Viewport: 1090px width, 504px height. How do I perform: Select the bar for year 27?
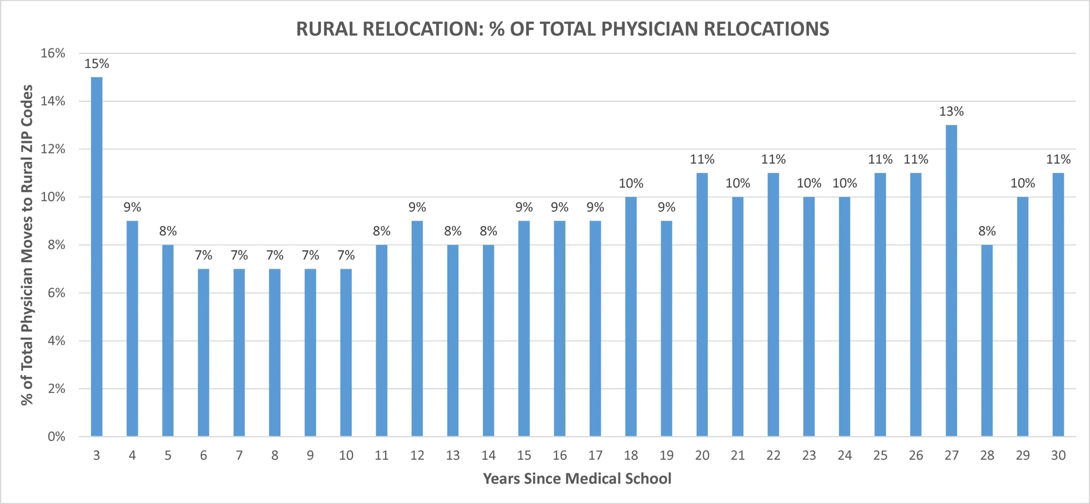951,281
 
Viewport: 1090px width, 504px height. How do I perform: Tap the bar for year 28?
987,341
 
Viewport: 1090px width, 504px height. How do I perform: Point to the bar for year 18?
631,317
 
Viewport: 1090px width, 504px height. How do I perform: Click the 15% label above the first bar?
97,64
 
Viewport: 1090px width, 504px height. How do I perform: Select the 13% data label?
951,112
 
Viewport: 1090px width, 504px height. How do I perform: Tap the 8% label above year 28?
987,231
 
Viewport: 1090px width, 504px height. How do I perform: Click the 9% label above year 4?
132,207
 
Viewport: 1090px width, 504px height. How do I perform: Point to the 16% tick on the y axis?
53,53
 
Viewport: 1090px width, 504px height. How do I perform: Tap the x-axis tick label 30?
1058,455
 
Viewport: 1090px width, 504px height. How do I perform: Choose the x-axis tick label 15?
524,455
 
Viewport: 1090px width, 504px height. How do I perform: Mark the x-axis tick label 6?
204,455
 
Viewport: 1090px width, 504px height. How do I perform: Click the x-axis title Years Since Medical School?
577,479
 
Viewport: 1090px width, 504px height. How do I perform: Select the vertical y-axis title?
27,245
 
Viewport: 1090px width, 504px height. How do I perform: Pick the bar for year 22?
773,305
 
